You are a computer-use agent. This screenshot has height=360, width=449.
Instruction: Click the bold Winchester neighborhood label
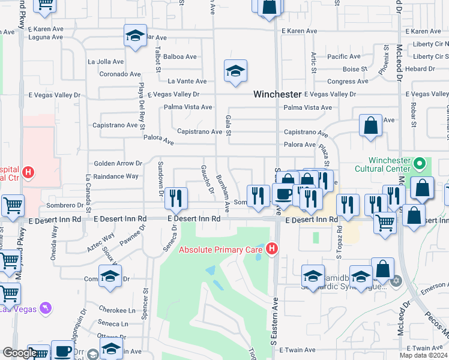(x=277, y=94)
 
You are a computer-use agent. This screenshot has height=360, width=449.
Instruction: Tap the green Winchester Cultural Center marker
(x=420, y=163)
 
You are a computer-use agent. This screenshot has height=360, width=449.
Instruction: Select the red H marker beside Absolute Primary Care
(x=272, y=248)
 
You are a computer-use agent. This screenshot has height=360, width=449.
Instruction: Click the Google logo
(x=19, y=353)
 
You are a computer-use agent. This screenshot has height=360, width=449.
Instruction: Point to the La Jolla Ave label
(x=106, y=61)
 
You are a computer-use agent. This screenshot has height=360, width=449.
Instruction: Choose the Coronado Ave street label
(x=120, y=74)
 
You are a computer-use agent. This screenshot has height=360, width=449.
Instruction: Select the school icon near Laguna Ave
(x=136, y=35)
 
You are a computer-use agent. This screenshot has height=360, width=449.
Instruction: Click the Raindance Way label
(x=116, y=176)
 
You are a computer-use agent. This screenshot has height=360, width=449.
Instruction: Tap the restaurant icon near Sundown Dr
(x=176, y=197)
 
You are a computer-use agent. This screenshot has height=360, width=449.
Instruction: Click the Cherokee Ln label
(x=117, y=310)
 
